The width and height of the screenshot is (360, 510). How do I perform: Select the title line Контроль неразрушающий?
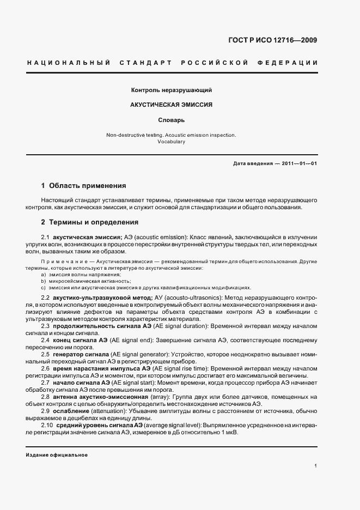[172, 89]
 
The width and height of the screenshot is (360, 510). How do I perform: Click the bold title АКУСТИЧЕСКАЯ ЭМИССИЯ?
[172, 104]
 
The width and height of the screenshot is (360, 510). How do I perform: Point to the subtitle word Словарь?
[172, 119]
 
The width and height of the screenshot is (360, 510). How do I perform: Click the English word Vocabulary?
[172, 142]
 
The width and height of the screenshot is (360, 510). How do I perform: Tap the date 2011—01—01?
[298, 163]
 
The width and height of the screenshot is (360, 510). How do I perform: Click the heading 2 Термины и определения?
[89, 222]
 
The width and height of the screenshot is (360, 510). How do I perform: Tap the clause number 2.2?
[46, 298]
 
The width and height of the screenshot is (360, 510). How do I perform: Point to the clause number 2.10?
[47, 425]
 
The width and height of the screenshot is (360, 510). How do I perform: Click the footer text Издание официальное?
[57, 454]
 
